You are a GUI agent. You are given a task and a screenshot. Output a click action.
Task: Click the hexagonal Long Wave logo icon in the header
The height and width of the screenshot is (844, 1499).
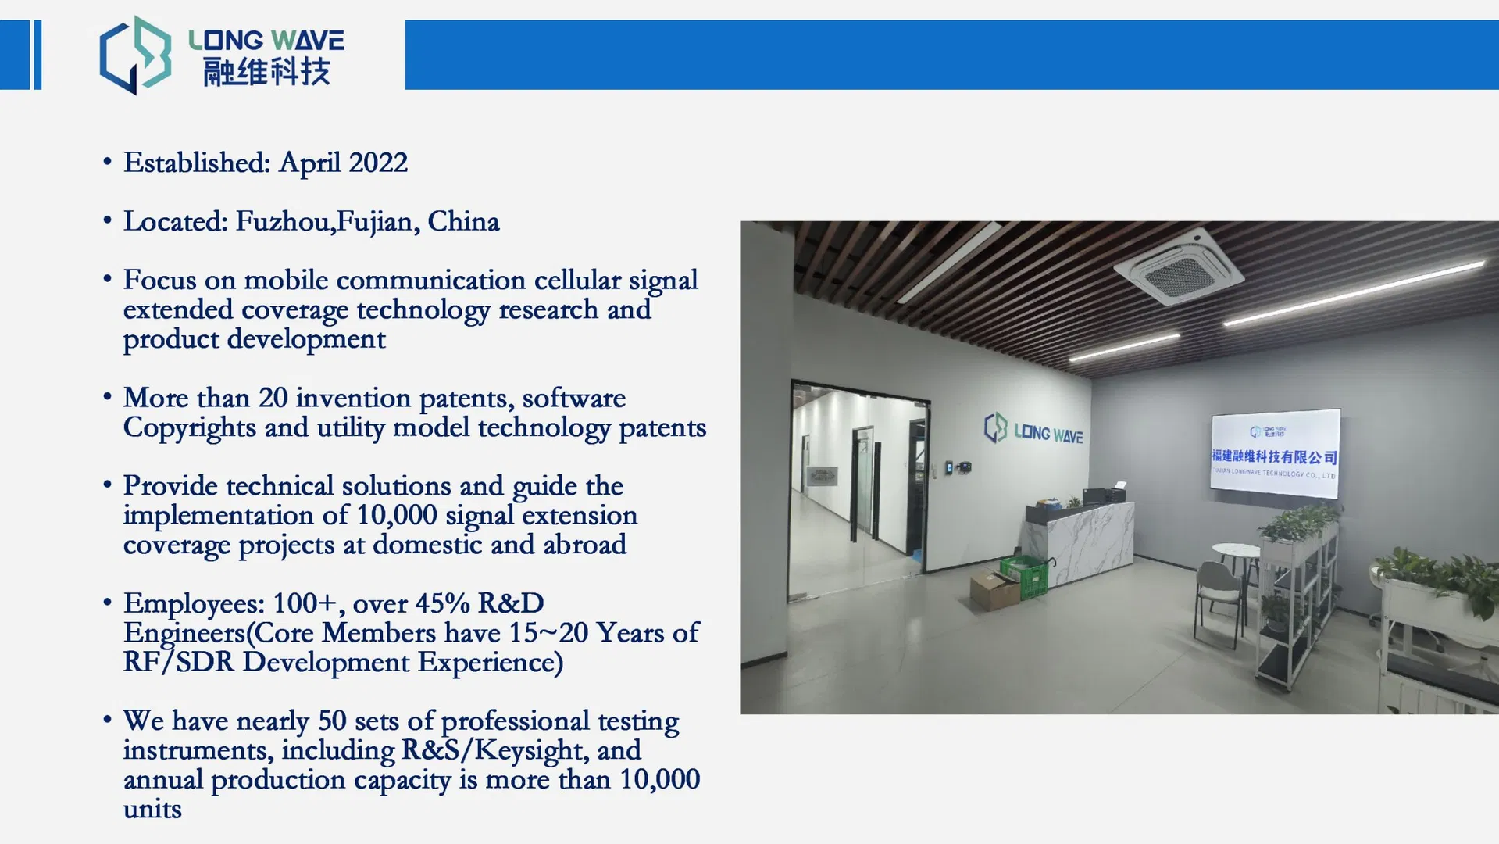tap(135, 55)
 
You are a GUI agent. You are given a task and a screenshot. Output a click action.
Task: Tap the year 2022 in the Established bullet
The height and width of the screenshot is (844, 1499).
tap(378, 163)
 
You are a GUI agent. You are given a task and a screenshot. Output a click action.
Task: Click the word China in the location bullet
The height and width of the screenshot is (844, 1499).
tap(463, 222)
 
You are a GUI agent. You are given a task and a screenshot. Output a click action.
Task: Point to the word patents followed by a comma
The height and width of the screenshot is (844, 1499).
tap(466, 399)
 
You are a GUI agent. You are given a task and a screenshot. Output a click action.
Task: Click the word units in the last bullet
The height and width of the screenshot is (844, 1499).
tap(152, 810)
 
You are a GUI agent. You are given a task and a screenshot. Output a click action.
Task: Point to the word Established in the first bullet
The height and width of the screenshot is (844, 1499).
tap(197, 163)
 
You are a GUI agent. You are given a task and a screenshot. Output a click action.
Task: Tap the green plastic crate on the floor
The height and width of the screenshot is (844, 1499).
tap(1024, 576)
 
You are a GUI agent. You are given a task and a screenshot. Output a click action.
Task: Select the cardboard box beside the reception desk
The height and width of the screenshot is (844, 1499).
tap(994, 589)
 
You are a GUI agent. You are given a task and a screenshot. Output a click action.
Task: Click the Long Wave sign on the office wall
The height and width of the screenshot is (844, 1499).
tap(1033, 430)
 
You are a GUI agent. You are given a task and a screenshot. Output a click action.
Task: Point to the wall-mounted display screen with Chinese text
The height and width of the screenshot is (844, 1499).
tap(1275, 453)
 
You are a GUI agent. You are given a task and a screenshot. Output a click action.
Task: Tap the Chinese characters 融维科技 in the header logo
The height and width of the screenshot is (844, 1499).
tap(266, 71)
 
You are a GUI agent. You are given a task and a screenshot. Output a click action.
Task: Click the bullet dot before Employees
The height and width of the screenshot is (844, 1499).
tap(107, 603)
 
